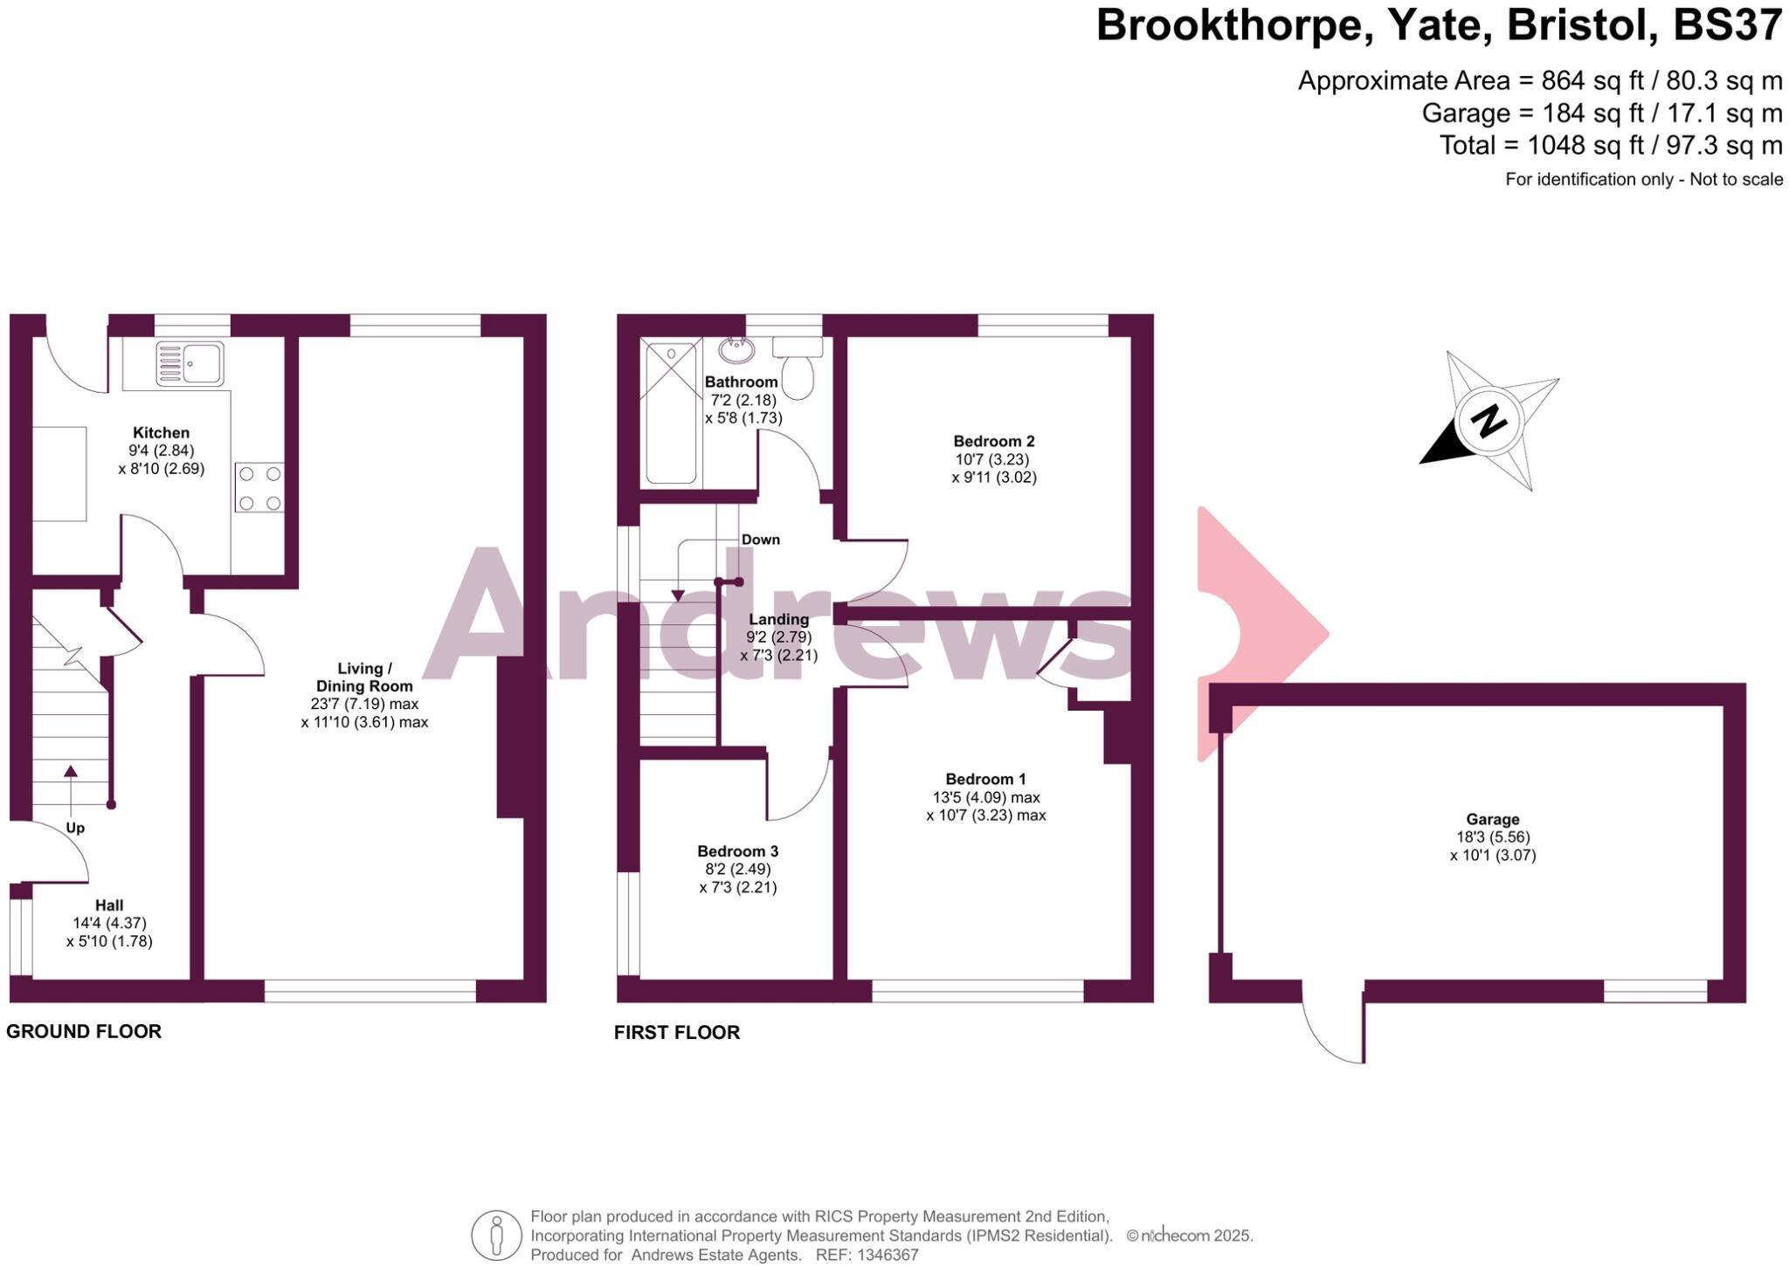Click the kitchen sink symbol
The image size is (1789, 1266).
pyautogui.click(x=190, y=364)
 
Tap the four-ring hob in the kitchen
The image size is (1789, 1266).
pyautogui.click(x=259, y=487)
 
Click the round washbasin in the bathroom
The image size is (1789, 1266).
pyautogui.click(x=737, y=350)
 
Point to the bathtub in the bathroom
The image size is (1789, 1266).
pyautogui.click(x=671, y=413)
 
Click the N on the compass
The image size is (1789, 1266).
pyautogui.click(x=1489, y=422)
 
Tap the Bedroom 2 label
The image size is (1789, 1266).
pyautogui.click(x=993, y=441)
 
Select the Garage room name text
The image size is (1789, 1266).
pyautogui.click(x=1492, y=819)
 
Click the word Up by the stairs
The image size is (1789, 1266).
pyautogui.click(x=75, y=828)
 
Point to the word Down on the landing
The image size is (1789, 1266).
pyautogui.click(x=760, y=540)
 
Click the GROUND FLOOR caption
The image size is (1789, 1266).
pyautogui.click(x=84, y=1031)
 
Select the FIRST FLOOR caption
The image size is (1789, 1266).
pyautogui.click(x=676, y=1032)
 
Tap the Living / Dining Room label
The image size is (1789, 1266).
pyautogui.click(x=364, y=678)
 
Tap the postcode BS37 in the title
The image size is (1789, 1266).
pyautogui.click(x=1726, y=26)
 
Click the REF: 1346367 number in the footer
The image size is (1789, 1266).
pyautogui.click(x=867, y=1255)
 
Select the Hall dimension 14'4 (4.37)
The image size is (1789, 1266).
pyautogui.click(x=109, y=923)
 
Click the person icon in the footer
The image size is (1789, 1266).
pyautogui.click(x=496, y=1235)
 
